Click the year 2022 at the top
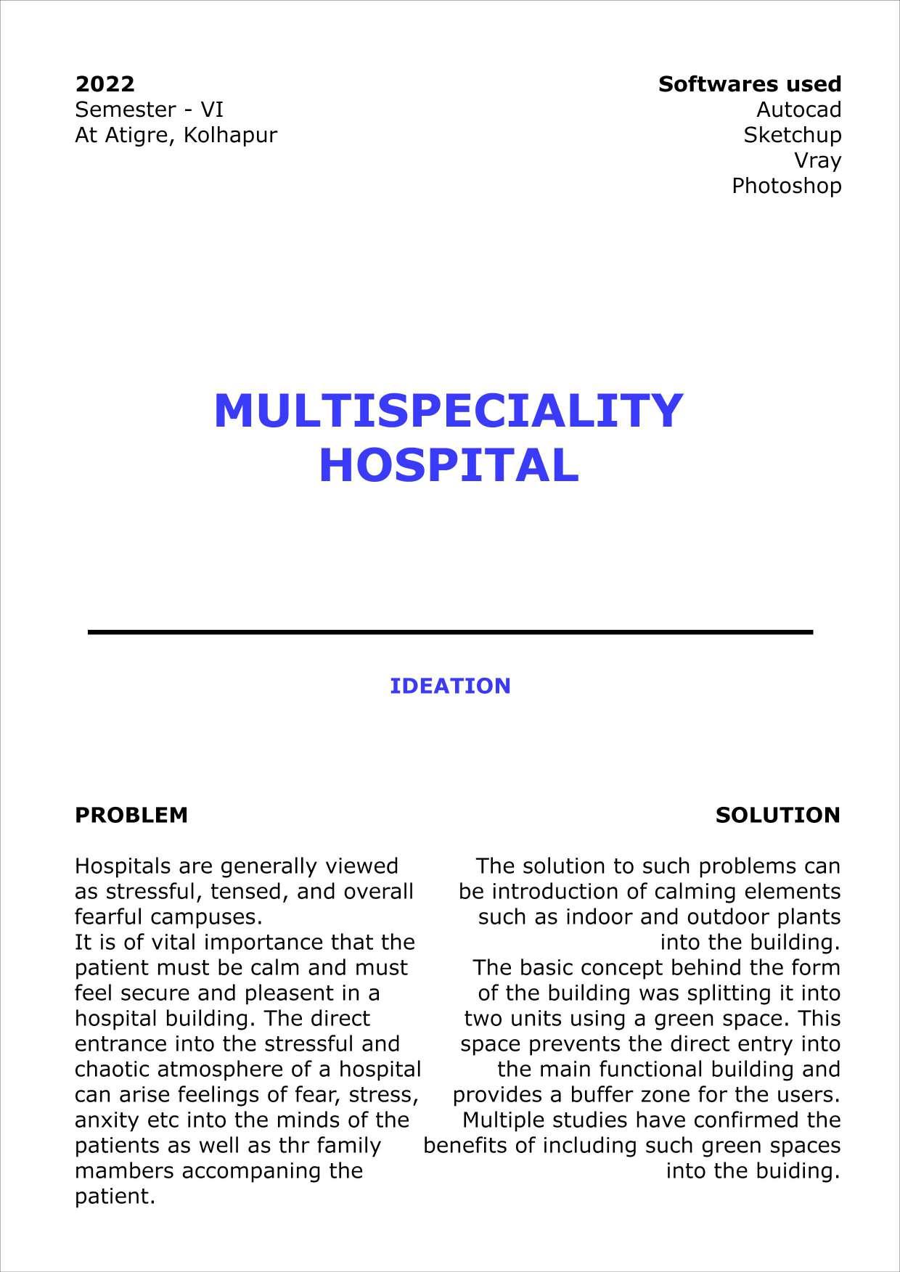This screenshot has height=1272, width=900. pyautogui.click(x=105, y=84)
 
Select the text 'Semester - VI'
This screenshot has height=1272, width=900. pyautogui.click(x=149, y=110)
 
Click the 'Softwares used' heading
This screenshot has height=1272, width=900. pyautogui.click(x=750, y=84)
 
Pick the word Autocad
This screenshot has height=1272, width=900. pyautogui.click(x=798, y=110)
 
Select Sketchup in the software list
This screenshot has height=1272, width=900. pyautogui.click(x=792, y=135)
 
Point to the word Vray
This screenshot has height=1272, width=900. pyautogui.click(x=817, y=160)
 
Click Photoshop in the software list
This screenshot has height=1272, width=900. pyautogui.click(x=786, y=186)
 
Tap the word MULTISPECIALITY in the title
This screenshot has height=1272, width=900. pyautogui.click(x=449, y=411)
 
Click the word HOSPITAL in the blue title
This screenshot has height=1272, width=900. pyautogui.click(x=449, y=465)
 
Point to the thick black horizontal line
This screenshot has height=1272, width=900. pyautogui.click(x=450, y=633)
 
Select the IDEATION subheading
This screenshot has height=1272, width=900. pyautogui.click(x=450, y=686)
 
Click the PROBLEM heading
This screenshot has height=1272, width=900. pyautogui.click(x=131, y=815)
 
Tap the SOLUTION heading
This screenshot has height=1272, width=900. pyautogui.click(x=777, y=815)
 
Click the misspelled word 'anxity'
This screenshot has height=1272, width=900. pyautogui.click(x=107, y=1120)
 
